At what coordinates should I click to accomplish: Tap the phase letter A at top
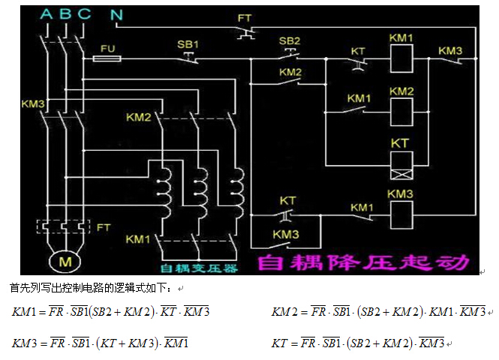tap(47, 14)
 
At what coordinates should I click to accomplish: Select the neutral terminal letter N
tap(116, 14)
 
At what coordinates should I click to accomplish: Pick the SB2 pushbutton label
tap(289, 40)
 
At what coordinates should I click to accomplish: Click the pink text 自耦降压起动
tap(363, 262)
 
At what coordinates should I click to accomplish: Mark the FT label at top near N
tap(245, 16)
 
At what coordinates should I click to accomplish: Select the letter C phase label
tap(84, 14)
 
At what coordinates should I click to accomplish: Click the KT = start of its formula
tap(282, 343)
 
